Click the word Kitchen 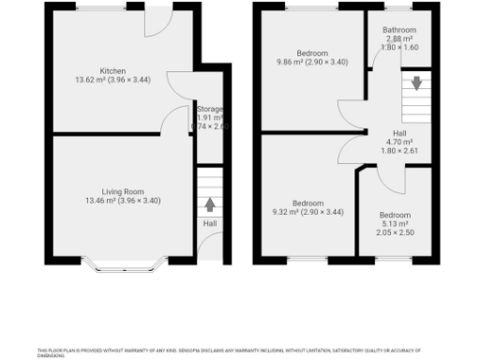click(x=112, y=70)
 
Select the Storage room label click(x=209, y=108)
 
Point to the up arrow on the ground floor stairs click(x=209, y=203)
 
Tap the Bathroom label click(x=399, y=29)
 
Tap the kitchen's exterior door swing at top click(x=157, y=23)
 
